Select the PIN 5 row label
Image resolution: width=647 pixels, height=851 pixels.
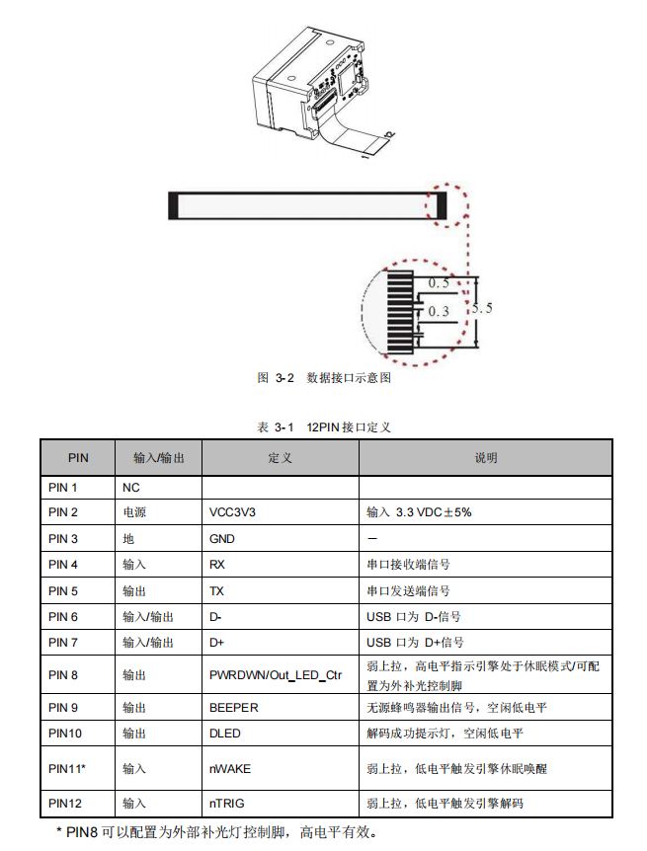63,590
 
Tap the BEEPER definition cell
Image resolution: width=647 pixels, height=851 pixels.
234,708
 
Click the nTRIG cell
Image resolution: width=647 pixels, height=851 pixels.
228,804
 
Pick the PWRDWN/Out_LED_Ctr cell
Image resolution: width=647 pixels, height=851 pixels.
276,675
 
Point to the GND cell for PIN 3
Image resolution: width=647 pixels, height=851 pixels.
222,539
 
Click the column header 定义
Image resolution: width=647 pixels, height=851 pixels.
280,458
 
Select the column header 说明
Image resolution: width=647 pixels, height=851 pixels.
485,458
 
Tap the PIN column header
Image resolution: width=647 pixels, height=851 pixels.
78,458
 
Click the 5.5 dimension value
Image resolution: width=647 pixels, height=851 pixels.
482,308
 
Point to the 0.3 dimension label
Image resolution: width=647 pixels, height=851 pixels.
439,311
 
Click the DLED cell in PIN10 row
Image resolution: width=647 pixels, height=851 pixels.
225,734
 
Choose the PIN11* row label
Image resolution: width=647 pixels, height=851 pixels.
67,768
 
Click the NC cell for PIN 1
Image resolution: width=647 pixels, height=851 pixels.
130,488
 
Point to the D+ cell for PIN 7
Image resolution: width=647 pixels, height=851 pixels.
218,643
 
